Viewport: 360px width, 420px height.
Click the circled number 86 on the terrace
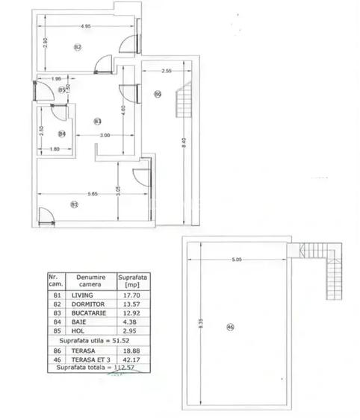158,93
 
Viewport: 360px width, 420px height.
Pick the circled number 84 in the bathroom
62,134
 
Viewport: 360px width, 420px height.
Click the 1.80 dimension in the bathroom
54,149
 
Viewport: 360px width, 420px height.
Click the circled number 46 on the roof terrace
230,326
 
